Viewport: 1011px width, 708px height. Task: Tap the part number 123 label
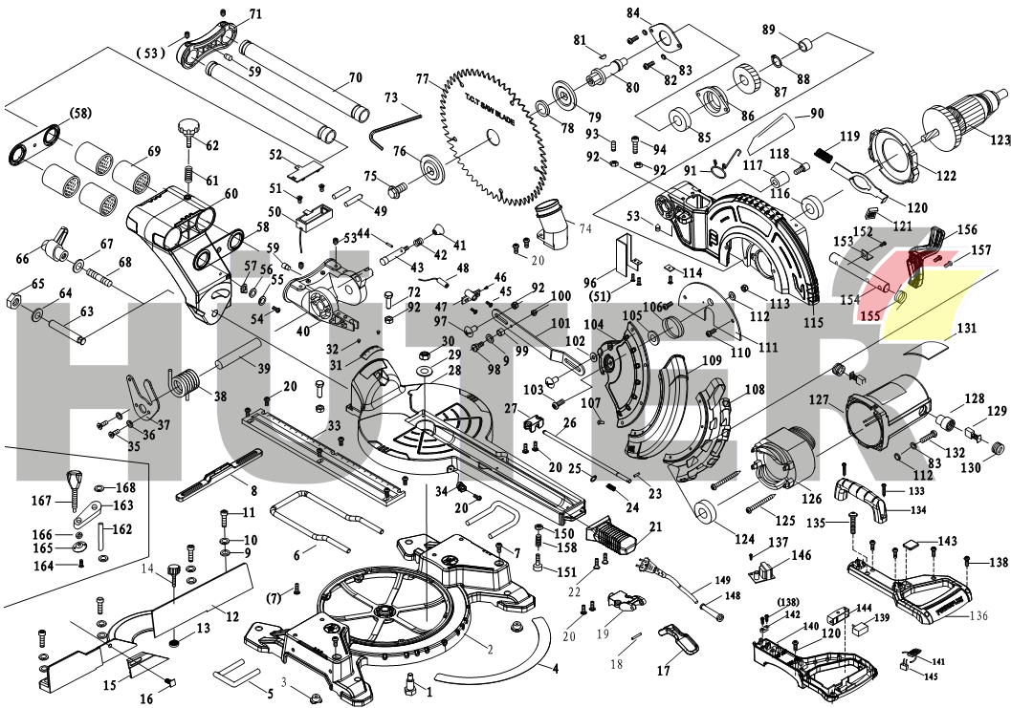(x=999, y=139)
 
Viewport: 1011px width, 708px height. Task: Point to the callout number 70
(x=355, y=77)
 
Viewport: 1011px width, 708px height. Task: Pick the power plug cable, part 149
(x=660, y=572)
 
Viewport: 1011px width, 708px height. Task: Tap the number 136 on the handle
(x=978, y=615)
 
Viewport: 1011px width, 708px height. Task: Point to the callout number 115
(x=813, y=322)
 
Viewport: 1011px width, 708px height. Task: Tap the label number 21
(x=655, y=527)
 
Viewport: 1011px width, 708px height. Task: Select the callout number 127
(x=819, y=402)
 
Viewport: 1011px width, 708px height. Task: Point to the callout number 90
(x=816, y=114)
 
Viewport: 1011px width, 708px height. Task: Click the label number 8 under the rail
(x=253, y=491)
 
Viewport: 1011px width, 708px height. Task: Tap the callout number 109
(x=712, y=362)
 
